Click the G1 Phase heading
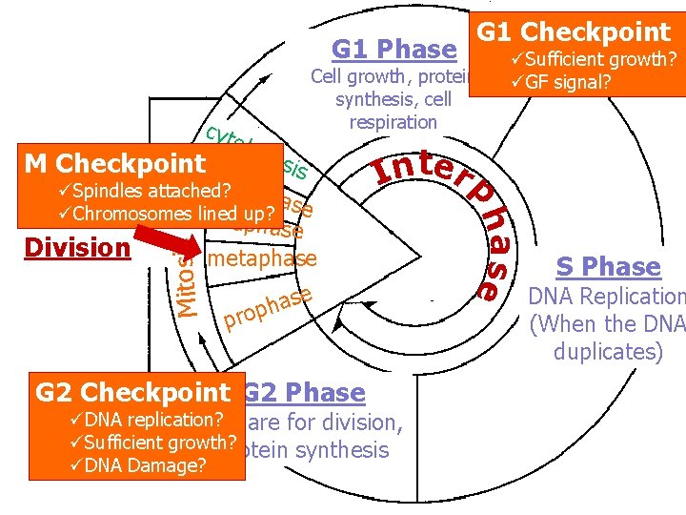click(x=393, y=49)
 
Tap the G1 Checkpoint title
click(x=574, y=31)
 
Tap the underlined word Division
click(x=76, y=247)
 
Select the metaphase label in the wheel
click(x=262, y=258)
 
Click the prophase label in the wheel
click(x=267, y=307)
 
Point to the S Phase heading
click(x=608, y=266)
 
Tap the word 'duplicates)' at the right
click(x=608, y=351)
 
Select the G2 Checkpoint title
click(x=132, y=392)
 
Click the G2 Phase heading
click(x=304, y=392)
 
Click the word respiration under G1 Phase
click(x=393, y=122)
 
